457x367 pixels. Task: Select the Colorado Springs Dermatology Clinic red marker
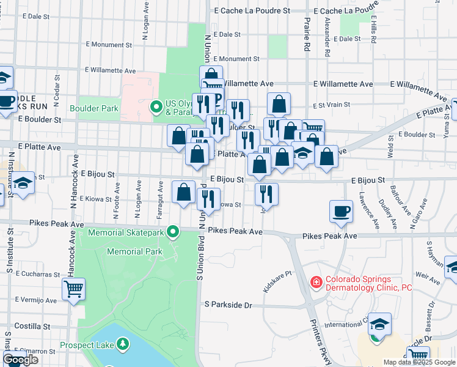316,283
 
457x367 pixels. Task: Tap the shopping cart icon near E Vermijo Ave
73,288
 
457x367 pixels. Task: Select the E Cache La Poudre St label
251,11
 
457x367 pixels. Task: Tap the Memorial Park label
134,251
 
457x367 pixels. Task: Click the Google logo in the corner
20,360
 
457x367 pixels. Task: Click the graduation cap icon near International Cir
379,324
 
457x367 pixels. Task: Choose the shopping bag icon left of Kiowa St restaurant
184,193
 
